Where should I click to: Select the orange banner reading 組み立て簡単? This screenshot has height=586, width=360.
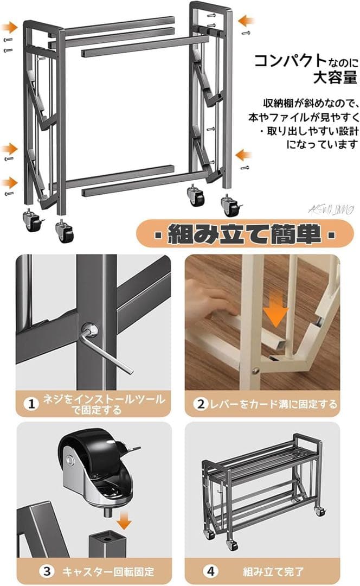(x=243, y=234)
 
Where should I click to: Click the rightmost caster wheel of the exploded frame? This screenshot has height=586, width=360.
(x=231, y=206)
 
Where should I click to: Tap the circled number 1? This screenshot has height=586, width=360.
(x=32, y=404)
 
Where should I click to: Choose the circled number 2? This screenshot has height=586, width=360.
(x=201, y=404)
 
